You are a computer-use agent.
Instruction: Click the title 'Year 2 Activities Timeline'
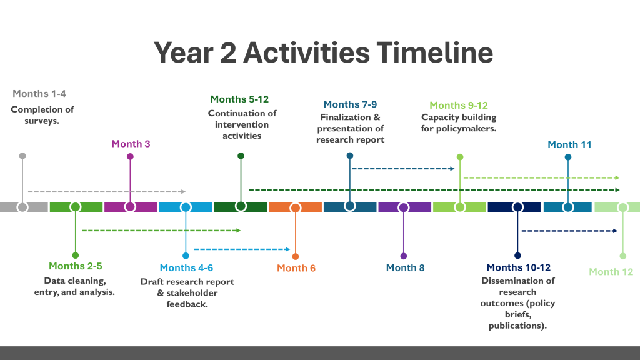coord(323,52)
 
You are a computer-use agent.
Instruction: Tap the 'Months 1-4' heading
coord(39,94)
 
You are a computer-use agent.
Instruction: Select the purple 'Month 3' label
coord(131,144)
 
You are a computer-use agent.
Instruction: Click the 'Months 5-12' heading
coord(239,99)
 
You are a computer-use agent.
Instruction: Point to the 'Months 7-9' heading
coord(350,104)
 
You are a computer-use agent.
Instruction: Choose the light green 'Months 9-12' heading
coord(459,105)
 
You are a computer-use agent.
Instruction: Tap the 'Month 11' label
coord(569,144)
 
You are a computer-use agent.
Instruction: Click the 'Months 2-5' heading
coord(76,266)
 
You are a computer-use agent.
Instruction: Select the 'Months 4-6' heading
coord(186,267)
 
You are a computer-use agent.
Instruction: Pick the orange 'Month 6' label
coord(296,268)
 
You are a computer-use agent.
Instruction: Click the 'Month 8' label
coord(405,267)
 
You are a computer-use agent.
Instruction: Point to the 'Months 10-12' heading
coord(518,267)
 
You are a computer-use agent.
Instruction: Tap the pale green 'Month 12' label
coord(611,272)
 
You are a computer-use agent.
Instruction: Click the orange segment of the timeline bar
coord(295,207)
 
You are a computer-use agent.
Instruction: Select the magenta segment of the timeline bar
coord(131,207)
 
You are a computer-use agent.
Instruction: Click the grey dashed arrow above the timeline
coord(106,191)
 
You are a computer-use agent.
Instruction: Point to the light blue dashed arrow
coord(242,249)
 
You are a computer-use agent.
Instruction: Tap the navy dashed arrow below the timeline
coord(570,231)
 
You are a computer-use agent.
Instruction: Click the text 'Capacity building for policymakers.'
coord(459,123)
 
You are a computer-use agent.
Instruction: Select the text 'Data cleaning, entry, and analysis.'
coord(75,286)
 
